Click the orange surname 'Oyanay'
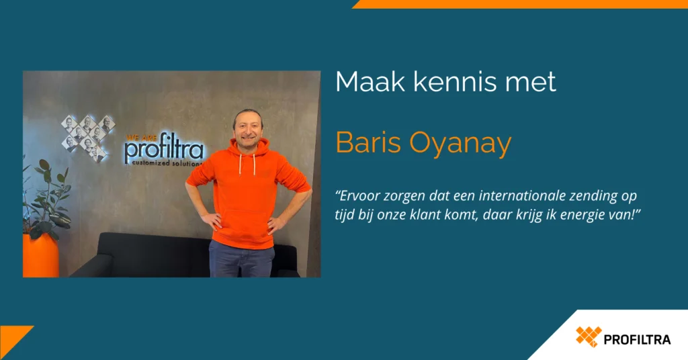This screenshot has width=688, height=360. pyautogui.click(x=461, y=144)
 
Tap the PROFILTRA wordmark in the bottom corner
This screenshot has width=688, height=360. pyautogui.click(x=637, y=339)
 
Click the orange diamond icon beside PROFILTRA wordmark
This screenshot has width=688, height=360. pyautogui.click(x=589, y=336)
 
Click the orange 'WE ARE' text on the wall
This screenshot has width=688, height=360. pyautogui.click(x=141, y=138)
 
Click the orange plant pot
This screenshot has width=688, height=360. pyautogui.click(x=40, y=255)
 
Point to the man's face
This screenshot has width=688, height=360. pyautogui.click(x=248, y=127)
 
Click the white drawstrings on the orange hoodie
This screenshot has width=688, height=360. pyautogui.click(x=247, y=164)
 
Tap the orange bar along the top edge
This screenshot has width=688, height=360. pyautogui.click(x=520, y=4)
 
